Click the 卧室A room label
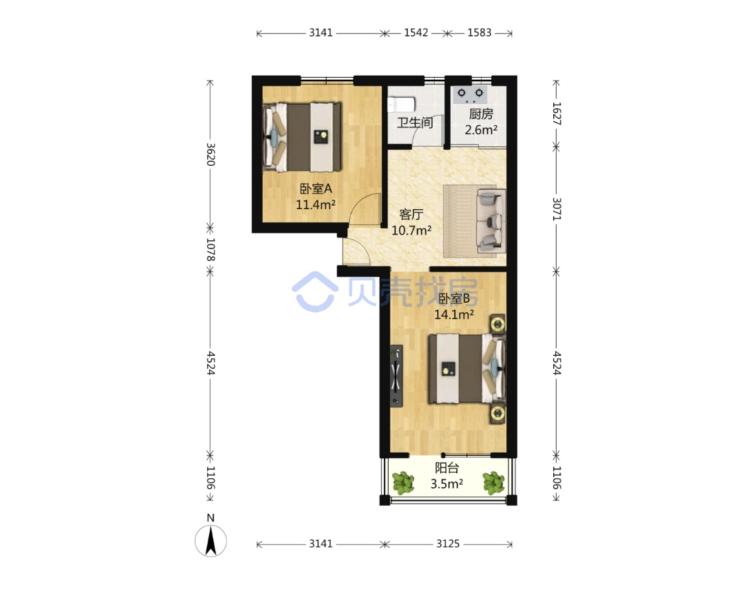(x=316, y=189)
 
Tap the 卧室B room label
(x=454, y=299)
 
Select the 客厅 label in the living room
(x=411, y=215)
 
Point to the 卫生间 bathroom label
(x=415, y=122)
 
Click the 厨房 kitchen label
(x=481, y=114)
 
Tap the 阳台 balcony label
(x=447, y=468)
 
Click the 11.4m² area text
(x=316, y=204)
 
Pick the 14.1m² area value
(x=454, y=314)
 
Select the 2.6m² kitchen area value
(x=481, y=129)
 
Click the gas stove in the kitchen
(x=470, y=94)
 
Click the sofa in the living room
(x=491, y=221)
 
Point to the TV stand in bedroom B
(x=397, y=376)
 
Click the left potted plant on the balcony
(x=403, y=482)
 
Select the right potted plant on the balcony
(x=494, y=482)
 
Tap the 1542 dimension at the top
(x=416, y=33)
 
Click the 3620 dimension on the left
(x=211, y=155)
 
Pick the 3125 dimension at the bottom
(x=448, y=544)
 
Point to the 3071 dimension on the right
(x=557, y=209)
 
